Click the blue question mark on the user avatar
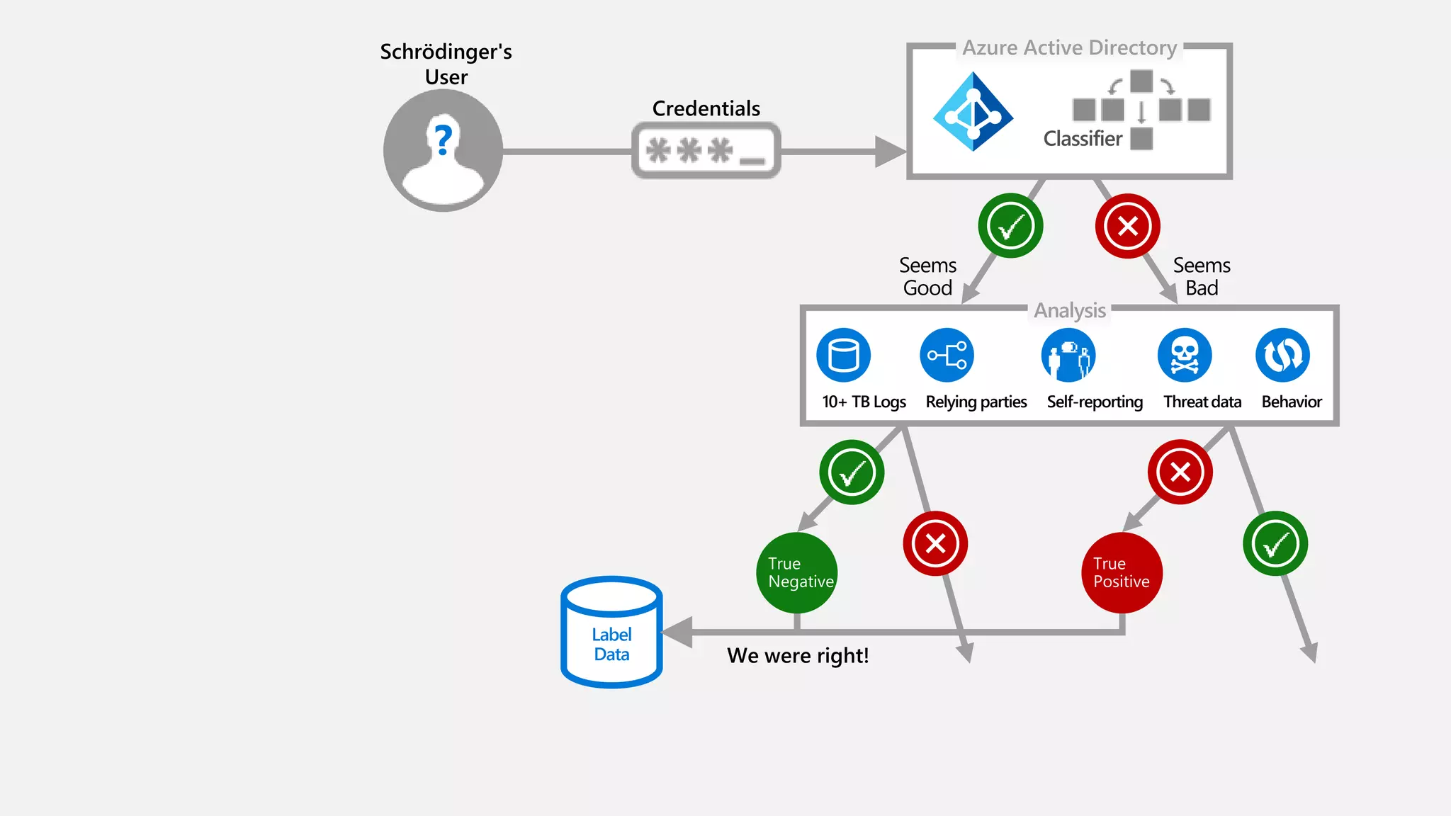coord(444,140)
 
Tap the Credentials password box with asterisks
coord(706,151)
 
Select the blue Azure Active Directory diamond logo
coord(973,111)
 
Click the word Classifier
coord(1083,139)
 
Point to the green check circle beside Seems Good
coord(1010,226)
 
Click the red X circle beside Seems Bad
coord(1127,226)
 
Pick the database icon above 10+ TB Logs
coord(843,355)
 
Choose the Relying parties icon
coord(947,355)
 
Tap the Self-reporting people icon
coord(1068,356)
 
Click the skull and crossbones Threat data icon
coord(1185,355)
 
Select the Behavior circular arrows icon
coord(1282,355)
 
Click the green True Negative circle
coord(797,572)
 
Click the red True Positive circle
coord(1122,572)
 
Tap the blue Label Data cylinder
coord(611,632)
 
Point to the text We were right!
coord(798,655)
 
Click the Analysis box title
coord(1069,310)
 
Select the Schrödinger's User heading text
coord(446,64)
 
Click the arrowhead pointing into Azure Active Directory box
coord(890,152)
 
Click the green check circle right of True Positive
coord(1275,543)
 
